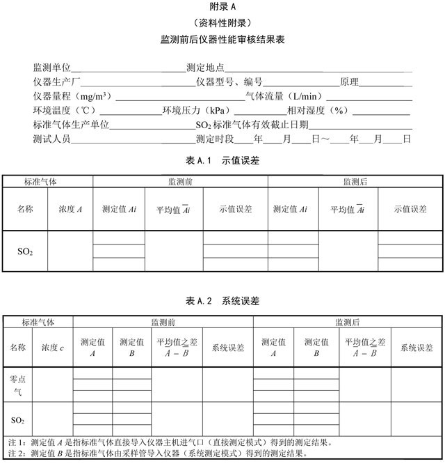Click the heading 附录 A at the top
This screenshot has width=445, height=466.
click(x=223, y=7)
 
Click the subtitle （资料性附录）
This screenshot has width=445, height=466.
click(x=223, y=23)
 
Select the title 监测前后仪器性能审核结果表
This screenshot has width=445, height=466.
click(x=223, y=40)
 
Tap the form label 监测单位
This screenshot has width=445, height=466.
click(x=52, y=68)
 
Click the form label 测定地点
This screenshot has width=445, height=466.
click(x=205, y=68)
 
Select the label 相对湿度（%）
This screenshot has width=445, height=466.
click(x=319, y=111)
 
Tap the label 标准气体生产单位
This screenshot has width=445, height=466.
click(x=71, y=125)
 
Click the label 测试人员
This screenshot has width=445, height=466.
click(x=52, y=139)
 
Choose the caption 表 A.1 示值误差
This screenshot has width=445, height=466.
click(x=223, y=160)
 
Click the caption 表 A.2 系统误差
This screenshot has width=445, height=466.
click(x=223, y=301)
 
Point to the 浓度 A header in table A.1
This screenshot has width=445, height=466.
click(x=70, y=208)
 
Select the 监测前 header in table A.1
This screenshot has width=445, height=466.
click(x=180, y=182)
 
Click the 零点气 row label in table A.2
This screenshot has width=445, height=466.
click(x=17, y=386)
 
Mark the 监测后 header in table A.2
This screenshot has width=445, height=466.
click(x=348, y=323)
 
